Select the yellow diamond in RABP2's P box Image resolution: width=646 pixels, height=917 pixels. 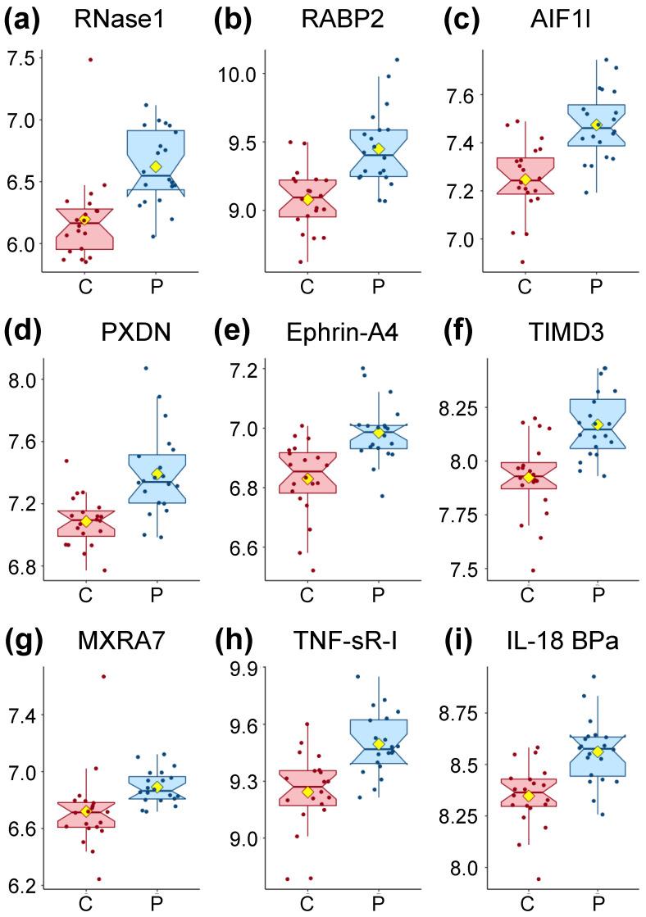(378, 148)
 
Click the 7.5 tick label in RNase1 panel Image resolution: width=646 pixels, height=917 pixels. (20, 59)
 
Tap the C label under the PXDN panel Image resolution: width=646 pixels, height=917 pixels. (84, 596)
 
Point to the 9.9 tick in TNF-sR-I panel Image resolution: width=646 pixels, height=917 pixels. (242, 669)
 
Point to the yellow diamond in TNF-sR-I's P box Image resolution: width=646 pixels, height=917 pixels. (379, 743)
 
